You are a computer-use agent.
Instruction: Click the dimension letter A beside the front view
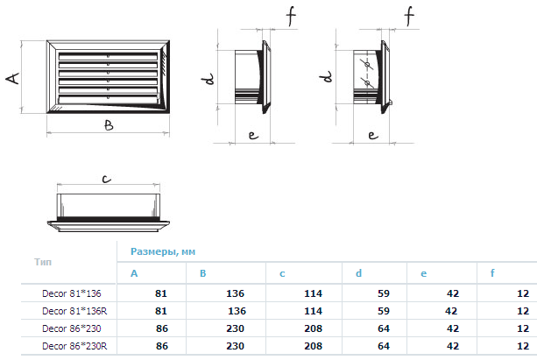tap(12, 78)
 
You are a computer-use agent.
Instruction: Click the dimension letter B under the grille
tap(109, 126)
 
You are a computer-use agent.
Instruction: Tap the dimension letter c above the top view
tap(107, 179)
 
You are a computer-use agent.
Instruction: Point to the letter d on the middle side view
tap(208, 79)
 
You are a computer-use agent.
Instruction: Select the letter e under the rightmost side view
tap(373, 135)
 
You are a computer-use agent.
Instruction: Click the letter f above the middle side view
tap(291, 15)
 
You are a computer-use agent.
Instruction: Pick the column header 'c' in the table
tap(282, 273)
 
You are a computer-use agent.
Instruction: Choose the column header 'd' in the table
tap(358, 273)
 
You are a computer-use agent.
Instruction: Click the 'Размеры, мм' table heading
tap(163, 251)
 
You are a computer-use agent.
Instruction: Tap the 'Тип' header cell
tap(43, 262)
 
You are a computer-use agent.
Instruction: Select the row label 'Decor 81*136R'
tap(74, 311)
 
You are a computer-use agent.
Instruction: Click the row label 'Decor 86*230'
tap(72, 328)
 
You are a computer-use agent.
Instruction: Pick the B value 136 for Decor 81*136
tap(236, 293)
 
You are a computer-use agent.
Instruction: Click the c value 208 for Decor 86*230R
tap(313, 346)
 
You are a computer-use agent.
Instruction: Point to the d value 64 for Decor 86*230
tap(384, 328)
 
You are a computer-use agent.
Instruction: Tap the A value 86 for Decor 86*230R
tap(162, 346)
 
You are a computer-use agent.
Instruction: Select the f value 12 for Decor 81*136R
tap(523, 311)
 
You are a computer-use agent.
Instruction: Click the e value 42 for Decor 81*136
tap(453, 293)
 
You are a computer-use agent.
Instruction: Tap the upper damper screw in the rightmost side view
tap(367, 65)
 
